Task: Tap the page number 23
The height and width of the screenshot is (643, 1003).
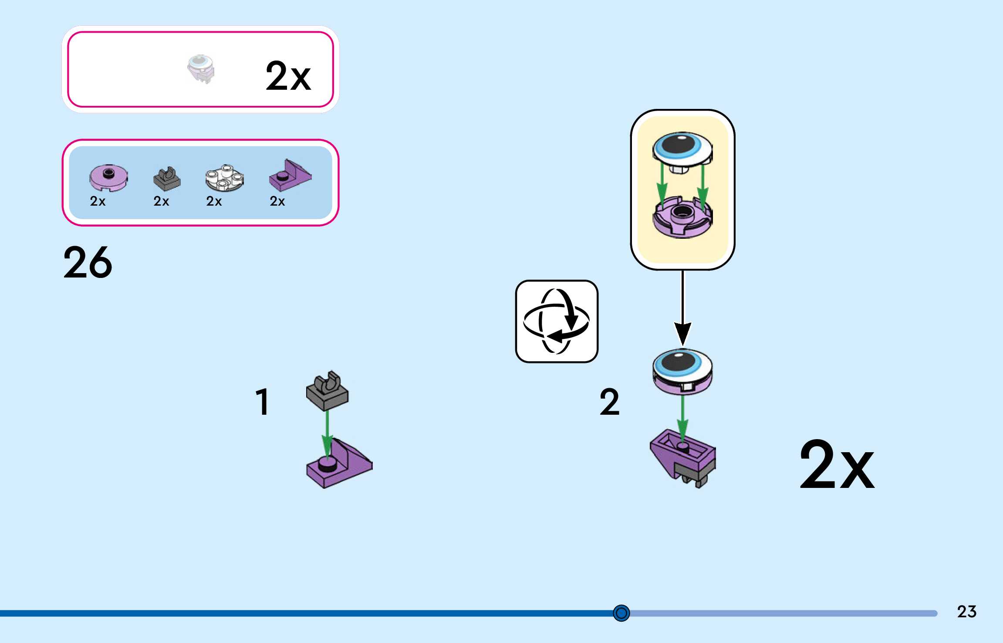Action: [966, 612]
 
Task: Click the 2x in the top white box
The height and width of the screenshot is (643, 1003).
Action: [288, 76]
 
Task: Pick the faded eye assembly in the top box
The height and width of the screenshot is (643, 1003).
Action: [201, 69]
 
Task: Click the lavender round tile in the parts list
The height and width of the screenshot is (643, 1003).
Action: [108, 178]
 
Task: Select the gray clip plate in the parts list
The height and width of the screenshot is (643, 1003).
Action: [166, 179]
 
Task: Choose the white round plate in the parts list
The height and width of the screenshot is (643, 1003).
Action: [224, 178]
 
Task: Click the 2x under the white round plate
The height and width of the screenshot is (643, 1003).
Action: [214, 201]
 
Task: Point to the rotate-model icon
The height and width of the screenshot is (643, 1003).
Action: [556, 321]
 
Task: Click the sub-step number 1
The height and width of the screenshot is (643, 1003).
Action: [262, 402]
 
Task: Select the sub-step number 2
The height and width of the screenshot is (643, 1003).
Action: [609, 402]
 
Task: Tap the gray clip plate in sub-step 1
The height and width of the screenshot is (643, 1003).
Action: [327, 392]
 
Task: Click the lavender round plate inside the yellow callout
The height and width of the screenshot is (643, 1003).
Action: [682, 217]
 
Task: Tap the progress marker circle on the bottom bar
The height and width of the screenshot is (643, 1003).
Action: [621, 613]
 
